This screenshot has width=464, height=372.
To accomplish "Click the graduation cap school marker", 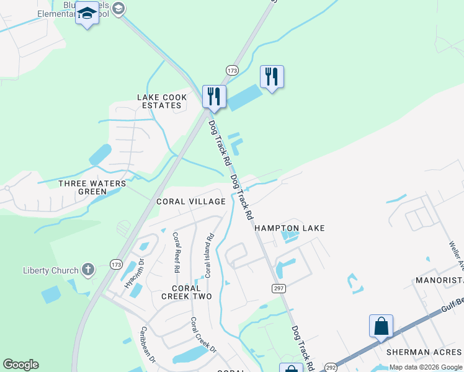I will [87, 13].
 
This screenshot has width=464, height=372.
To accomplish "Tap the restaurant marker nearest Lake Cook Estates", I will [214, 97].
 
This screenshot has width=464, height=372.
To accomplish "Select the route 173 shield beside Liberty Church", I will [115, 264].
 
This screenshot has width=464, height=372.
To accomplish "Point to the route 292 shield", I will [330, 366].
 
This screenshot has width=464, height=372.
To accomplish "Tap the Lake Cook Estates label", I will [161, 102].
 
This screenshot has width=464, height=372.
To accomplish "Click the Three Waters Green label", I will [92, 188].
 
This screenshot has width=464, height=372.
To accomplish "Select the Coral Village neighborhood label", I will [190, 201].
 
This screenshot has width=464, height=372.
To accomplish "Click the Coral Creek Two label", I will [186, 292].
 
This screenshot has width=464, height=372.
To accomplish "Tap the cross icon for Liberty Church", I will [88, 270].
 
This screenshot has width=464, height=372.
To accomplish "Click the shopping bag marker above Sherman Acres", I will [381, 326].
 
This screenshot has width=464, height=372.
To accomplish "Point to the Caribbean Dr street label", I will [146, 343].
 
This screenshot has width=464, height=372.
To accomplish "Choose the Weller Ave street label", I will [456, 251].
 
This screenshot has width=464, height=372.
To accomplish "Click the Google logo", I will [20, 365].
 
